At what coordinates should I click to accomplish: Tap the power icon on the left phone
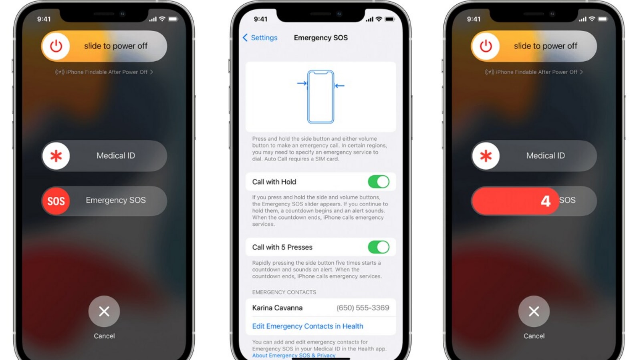[56, 46]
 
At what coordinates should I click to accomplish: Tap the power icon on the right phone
[486, 46]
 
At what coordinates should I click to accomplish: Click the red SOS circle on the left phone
[56, 201]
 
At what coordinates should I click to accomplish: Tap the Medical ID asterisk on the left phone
[56, 156]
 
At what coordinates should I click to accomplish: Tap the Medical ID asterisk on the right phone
[486, 156]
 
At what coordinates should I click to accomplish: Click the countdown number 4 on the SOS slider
[545, 201]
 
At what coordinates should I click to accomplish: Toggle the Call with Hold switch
[379, 182]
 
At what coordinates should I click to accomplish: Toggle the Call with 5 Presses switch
[379, 247]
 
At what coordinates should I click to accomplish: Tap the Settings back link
[260, 38]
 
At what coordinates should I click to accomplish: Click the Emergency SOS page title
[320, 38]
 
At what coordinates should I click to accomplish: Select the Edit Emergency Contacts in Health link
[307, 326]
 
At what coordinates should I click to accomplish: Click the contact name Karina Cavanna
[277, 308]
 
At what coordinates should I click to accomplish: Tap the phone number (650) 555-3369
[363, 308]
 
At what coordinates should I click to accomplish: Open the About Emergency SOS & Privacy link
[294, 356]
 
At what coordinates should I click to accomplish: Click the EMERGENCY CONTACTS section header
[284, 292]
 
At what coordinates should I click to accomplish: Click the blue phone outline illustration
[320, 97]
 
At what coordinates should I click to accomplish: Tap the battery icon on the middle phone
[389, 19]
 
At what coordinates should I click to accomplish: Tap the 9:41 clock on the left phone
[44, 19]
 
